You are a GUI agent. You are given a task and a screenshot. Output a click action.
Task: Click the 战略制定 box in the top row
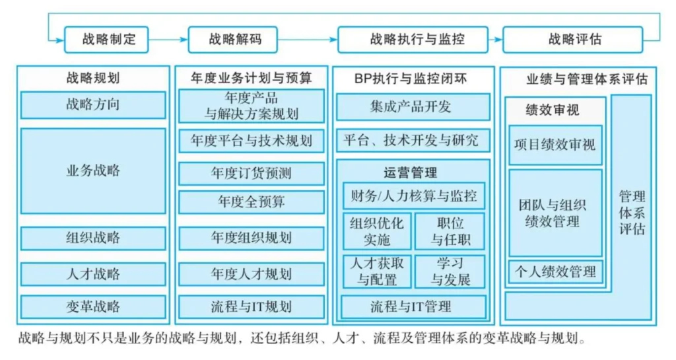tap(106, 40)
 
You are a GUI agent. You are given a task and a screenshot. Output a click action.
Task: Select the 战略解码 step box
tap(233, 40)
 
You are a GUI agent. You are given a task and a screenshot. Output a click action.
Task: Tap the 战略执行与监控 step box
tap(413, 40)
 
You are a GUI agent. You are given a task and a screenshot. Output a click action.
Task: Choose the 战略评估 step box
tap(573, 40)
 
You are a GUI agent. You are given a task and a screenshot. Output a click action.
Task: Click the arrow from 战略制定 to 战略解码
tap(168, 40)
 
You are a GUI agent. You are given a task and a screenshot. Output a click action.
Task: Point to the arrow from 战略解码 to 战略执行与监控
tap(308, 40)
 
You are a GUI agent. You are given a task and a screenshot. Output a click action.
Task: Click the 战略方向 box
tap(93, 105)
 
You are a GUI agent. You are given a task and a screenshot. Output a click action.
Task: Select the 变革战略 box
tap(93, 307)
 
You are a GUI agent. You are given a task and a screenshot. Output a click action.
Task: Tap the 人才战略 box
tap(93, 274)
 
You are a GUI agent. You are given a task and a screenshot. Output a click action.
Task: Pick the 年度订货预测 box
tap(252, 173)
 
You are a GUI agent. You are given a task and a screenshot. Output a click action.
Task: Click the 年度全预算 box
tap(252, 202)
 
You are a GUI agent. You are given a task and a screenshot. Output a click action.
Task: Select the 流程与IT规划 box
tap(252, 307)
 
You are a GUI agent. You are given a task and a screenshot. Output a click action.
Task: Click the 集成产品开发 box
tap(413, 107)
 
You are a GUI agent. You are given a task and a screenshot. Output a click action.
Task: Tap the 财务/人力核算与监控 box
tap(414, 196)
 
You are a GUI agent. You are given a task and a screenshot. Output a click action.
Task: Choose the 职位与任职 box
tap(450, 231)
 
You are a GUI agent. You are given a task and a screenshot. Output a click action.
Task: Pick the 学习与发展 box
tap(450, 271)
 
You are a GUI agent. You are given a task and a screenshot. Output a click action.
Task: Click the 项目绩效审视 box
tap(555, 145)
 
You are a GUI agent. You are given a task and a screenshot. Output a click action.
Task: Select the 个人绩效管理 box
tap(555, 271)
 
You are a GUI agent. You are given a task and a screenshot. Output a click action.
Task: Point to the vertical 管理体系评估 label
tap(632, 213)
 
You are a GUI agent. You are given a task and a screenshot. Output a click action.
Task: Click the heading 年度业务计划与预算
tap(252, 78)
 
